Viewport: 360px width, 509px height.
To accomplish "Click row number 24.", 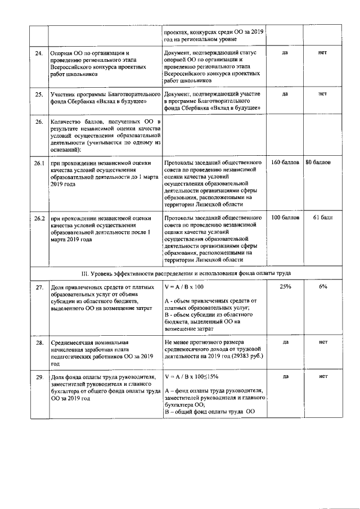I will click(x=39, y=53).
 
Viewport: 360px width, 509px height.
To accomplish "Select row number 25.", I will click(x=39, y=94).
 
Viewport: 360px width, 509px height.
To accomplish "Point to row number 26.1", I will click(x=38, y=163).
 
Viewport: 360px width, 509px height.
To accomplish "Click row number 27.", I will click(x=39, y=287).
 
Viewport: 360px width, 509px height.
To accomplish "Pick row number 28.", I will click(x=39, y=342).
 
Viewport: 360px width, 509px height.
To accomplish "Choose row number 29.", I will click(x=39, y=377).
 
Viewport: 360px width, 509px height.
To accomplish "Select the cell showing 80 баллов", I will click(x=318, y=163).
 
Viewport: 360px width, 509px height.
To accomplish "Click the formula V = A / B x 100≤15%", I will click(x=191, y=376).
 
